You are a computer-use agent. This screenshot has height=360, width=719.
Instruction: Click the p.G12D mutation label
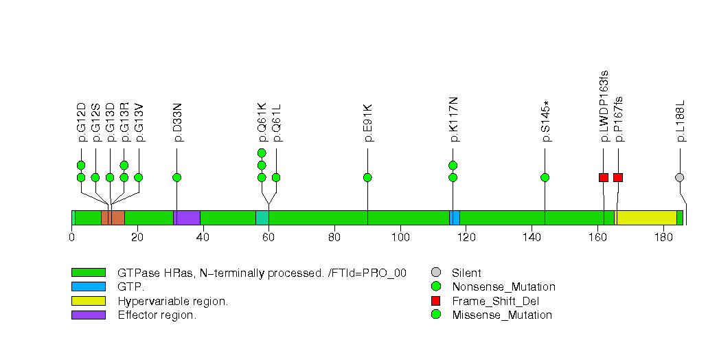tap(81, 122)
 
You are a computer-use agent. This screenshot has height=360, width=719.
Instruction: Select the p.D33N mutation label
tap(177, 122)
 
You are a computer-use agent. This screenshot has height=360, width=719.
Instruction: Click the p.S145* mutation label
tap(545, 122)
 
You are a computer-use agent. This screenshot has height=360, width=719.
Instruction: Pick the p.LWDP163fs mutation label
tap(604, 106)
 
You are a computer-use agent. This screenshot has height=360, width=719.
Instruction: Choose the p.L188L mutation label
tap(680, 122)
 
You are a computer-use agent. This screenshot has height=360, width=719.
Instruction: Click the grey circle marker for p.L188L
tap(680, 177)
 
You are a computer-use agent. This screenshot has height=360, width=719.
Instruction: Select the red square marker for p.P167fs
tap(618, 177)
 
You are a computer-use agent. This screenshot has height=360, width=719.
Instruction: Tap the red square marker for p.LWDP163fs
tap(604, 177)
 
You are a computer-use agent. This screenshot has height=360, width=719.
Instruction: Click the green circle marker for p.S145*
tap(545, 177)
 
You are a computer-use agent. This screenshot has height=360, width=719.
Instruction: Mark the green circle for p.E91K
tap(368, 177)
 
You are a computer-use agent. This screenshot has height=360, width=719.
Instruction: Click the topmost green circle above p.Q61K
tap(262, 153)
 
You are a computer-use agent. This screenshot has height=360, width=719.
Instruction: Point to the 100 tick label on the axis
tap(400, 238)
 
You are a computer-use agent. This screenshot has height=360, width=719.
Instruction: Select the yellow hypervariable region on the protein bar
tap(646, 218)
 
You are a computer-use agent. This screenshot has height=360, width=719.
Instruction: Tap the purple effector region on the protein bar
tap(187, 218)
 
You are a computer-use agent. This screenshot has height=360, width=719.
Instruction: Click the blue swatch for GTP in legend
tap(88, 286)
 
